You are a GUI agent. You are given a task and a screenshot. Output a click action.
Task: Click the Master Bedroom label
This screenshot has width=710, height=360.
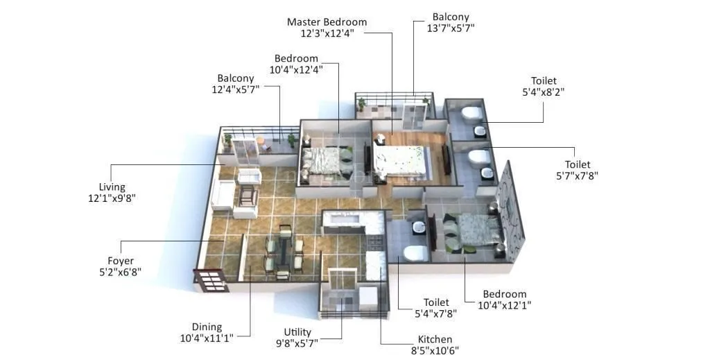point(327,22)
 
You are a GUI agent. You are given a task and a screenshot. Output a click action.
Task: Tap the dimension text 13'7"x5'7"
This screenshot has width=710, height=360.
point(450,28)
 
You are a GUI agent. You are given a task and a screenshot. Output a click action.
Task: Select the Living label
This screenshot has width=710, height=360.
point(112,187)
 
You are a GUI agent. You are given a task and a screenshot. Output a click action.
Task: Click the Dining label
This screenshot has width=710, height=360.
point(207,327)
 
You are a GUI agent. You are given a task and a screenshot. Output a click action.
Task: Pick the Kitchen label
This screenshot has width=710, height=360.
point(435,339)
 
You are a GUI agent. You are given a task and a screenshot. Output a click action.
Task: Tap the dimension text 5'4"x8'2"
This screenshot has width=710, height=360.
point(544,93)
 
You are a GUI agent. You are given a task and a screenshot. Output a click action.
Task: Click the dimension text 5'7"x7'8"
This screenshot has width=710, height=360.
point(577,176)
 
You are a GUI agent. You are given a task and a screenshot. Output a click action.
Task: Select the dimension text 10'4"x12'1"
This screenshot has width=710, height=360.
point(505,305)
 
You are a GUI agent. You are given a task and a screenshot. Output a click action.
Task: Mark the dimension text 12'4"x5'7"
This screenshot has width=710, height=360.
point(236,90)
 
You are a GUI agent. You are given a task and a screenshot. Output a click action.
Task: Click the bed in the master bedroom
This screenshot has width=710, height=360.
point(401,161)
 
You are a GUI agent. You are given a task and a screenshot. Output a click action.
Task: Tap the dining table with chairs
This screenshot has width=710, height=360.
point(283,251)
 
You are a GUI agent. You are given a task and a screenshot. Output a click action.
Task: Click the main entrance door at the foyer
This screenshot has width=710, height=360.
point(210,280)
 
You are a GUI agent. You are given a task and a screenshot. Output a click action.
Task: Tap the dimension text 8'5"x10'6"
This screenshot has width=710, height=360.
point(435,351)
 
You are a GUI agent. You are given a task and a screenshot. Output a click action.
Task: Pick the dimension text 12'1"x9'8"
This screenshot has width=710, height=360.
point(112,198)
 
